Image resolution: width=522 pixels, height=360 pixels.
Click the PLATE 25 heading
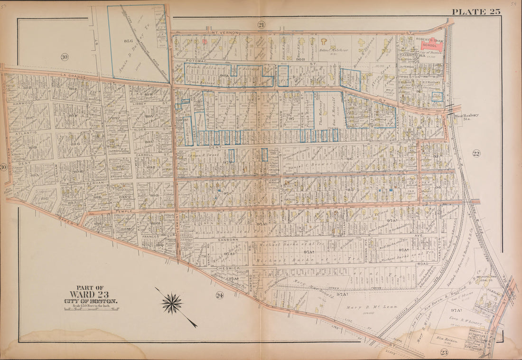[475, 11]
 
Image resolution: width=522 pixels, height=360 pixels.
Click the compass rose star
[172, 303]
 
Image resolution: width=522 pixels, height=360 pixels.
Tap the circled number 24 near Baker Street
[219, 295]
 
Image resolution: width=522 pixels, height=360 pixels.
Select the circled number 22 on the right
[476, 153]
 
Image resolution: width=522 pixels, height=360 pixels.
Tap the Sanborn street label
[228, 240]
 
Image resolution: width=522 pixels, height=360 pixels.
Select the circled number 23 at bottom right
[444, 352]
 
